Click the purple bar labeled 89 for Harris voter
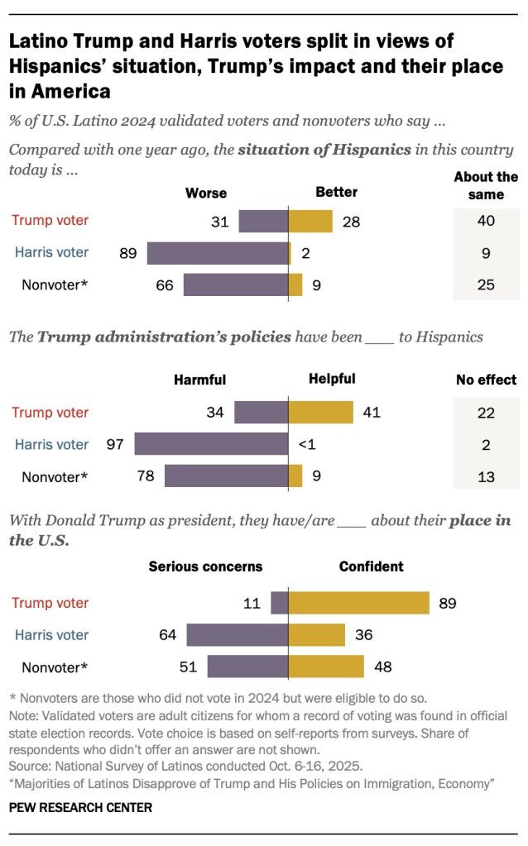pyautogui.click(x=218, y=253)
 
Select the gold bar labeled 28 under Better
pyautogui.click(x=310, y=221)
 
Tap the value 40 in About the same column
pyautogui.click(x=486, y=221)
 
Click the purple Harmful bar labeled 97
pyautogui.click(x=211, y=445)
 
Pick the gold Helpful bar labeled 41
pyautogui.click(x=320, y=413)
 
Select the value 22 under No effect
pyautogui.click(x=486, y=413)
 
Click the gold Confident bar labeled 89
pyautogui.click(x=358, y=603)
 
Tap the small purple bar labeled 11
pyautogui.click(x=280, y=603)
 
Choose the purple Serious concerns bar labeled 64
pyautogui.click(x=238, y=635)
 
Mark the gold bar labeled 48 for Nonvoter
pyautogui.click(x=326, y=667)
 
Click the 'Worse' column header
pyautogui.click(x=205, y=193)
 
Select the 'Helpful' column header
pyautogui.click(x=332, y=379)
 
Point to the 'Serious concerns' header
pyautogui.click(x=205, y=567)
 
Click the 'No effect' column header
pyautogui.click(x=486, y=380)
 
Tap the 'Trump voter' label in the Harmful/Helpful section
pyautogui.click(x=50, y=413)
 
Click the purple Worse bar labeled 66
pyautogui.click(x=236, y=285)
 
